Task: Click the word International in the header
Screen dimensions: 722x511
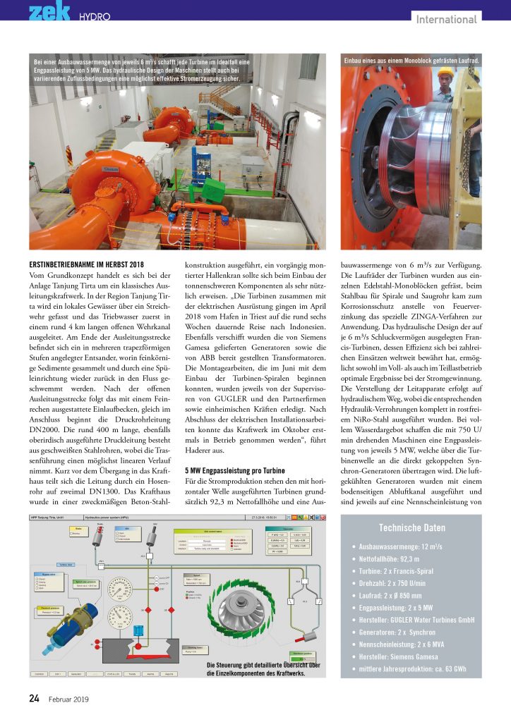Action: click(447, 19)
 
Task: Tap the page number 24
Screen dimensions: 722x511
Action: click(34, 699)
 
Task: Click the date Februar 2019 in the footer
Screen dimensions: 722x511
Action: click(68, 699)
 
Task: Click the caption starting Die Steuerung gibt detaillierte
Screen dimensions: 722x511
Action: click(263, 668)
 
